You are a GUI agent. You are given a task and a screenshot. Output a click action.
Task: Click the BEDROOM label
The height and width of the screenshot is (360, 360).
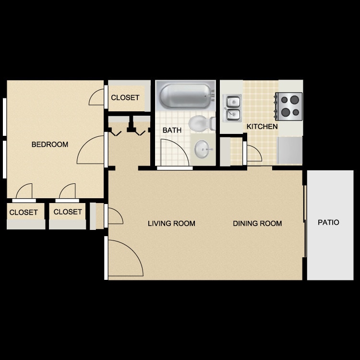click(x=50, y=144)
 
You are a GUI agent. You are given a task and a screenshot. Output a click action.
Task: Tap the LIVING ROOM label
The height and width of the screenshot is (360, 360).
click(x=171, y=223)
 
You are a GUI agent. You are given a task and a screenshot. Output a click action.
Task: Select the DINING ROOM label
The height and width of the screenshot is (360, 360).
click(x=257, y=223)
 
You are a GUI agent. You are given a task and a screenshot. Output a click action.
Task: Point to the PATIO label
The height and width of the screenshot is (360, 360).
click(x=328, y=222)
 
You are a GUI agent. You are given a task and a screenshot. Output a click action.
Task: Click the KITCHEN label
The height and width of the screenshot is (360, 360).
click(x=262, y=127)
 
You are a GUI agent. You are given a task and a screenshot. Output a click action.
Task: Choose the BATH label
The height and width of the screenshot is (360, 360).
click(x=171, y=130)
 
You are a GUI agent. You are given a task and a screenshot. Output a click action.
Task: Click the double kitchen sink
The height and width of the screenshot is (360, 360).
click(x=233, y=108)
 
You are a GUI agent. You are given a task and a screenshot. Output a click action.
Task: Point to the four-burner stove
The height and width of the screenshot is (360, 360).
click(x=289, y=106)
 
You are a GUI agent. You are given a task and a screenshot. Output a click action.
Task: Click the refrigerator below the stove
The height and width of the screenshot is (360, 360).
click(x=290, y=150)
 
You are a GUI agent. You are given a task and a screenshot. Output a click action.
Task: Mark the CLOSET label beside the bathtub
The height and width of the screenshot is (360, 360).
click(x=125, y=97)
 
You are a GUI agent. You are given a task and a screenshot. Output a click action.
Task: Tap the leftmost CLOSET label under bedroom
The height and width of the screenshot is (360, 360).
click(x=24, y=212)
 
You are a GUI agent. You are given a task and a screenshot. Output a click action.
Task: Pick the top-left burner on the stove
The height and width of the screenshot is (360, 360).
click(x=285, y=100)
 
